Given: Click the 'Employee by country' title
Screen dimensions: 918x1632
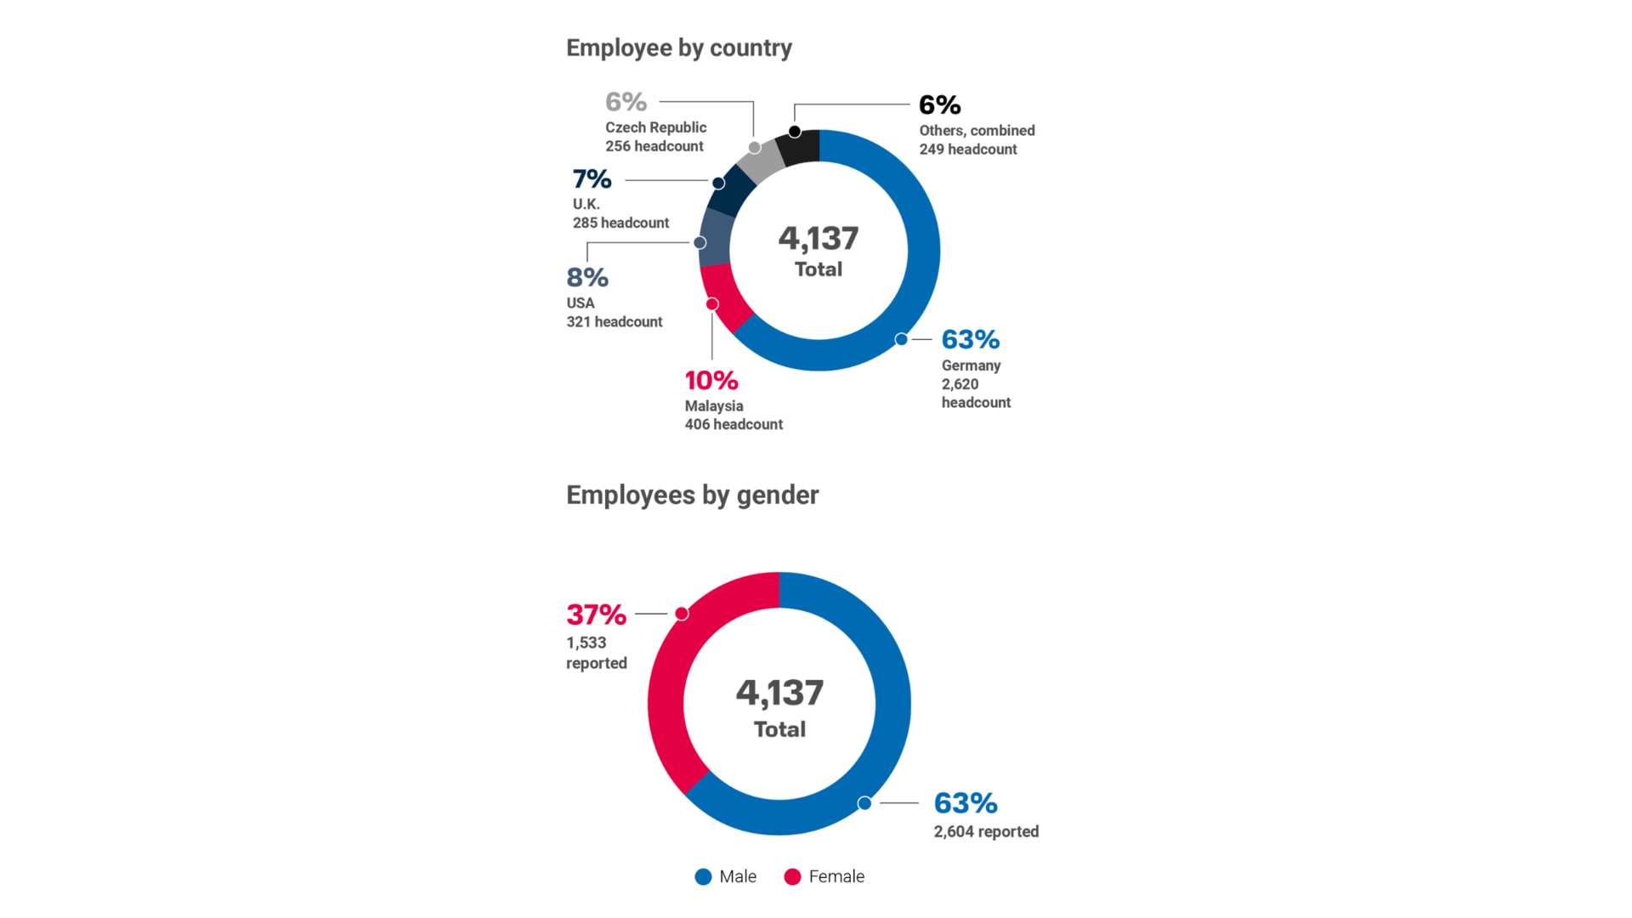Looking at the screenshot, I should pos(678,48).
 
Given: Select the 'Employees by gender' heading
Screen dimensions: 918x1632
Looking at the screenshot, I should pos(692,496).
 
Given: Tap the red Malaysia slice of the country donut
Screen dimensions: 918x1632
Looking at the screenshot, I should pos(722,297).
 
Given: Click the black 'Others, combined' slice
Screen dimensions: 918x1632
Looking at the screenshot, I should pos(800,148).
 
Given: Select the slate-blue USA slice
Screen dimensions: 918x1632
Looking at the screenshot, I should pos(714,237).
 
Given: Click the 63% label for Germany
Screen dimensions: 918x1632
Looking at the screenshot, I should pos(970,340).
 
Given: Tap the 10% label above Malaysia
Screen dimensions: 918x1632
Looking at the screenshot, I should pos(711,381).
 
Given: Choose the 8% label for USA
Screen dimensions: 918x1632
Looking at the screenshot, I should pos(587,278).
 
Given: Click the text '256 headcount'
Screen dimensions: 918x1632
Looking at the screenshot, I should pos(654,146).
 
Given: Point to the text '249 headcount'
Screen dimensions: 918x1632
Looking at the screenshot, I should pos(967,150).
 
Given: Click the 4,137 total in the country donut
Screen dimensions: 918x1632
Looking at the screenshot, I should pos(818,239).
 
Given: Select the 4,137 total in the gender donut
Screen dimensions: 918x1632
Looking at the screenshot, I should pos(779,694).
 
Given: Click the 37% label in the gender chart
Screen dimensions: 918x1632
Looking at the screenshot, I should pos(596,615).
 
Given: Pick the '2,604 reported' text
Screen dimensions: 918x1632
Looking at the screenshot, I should pos(986,832).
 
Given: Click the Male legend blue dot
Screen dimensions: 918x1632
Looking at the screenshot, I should pos(703,877).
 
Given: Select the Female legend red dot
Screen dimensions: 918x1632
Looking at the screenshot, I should pos(792,877).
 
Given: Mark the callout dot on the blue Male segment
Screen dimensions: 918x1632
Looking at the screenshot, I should pos(864,803).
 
